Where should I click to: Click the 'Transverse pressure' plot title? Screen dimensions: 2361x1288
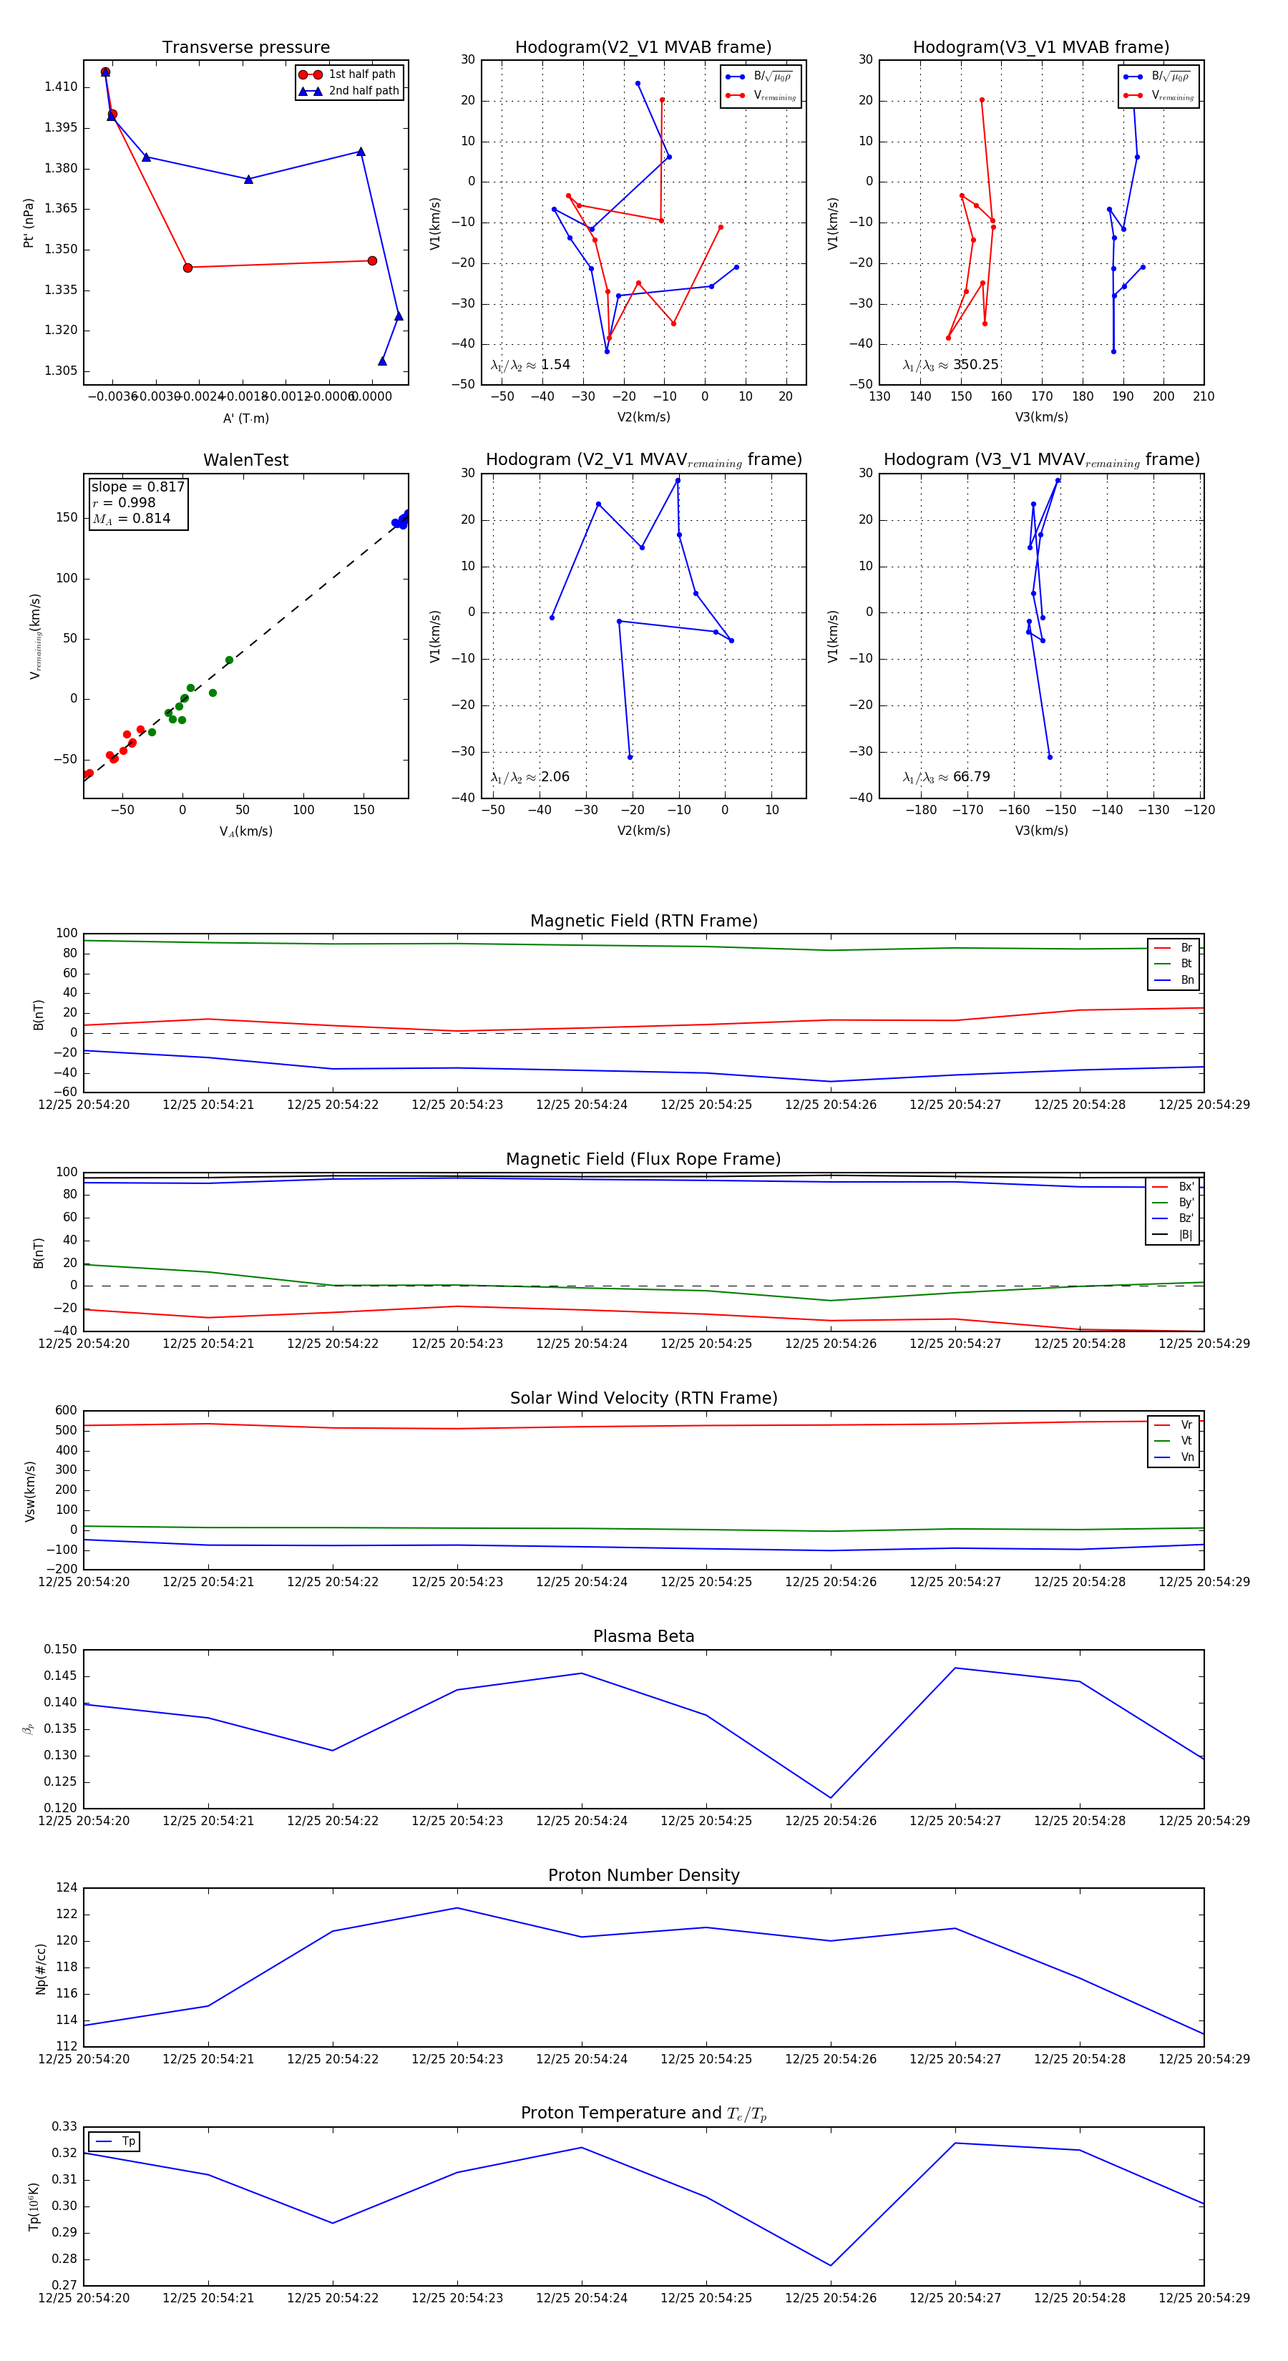tap(245, 48)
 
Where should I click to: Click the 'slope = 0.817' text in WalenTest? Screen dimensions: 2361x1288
tap(137, 487)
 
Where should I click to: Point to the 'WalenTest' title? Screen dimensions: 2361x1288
tap(245, 460)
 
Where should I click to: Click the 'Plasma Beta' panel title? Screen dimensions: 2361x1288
tap(643, 1636)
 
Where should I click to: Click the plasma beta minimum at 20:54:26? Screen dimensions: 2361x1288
tap(831, 1798)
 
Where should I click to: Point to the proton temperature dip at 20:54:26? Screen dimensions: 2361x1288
tap(831, 2266)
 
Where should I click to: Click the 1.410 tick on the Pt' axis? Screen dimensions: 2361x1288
tap(62, 87)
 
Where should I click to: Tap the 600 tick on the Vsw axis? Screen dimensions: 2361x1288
tap(66, 1411)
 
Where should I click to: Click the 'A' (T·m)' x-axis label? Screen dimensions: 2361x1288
tap(245, 418)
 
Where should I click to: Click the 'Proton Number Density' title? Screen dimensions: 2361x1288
tap(643, 1875)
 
